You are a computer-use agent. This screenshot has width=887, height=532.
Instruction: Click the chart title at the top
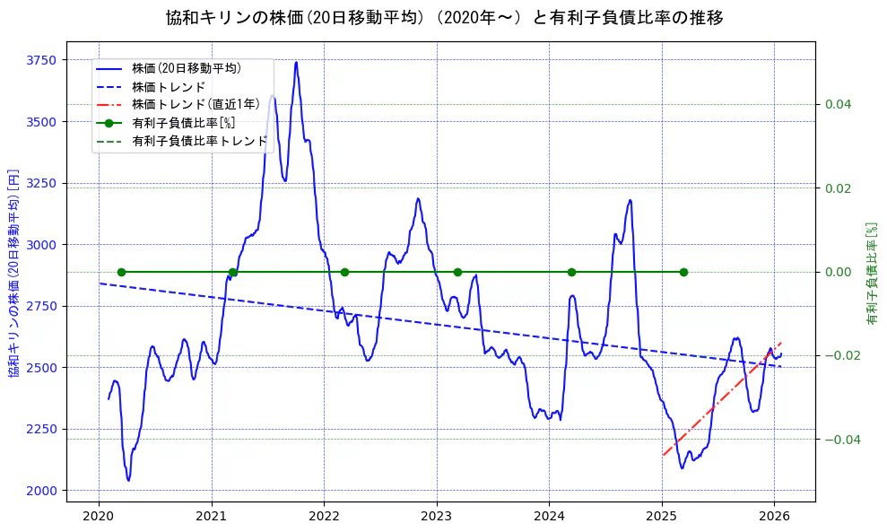[444, 18]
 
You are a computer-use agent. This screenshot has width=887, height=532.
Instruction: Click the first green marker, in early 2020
[121, 272]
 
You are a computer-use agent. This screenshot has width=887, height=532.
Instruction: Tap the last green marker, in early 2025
[683, 272]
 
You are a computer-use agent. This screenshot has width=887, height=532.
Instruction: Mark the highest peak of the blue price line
[296, 63]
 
